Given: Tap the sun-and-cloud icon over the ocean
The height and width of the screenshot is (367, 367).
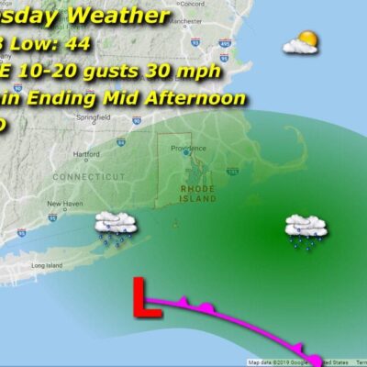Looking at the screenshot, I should (300, 42).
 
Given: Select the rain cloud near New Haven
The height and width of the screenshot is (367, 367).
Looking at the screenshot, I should (117, 228).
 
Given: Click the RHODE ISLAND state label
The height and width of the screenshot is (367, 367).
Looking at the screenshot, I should (197, 192).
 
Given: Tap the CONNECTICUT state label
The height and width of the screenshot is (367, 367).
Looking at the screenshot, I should (87, 175).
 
